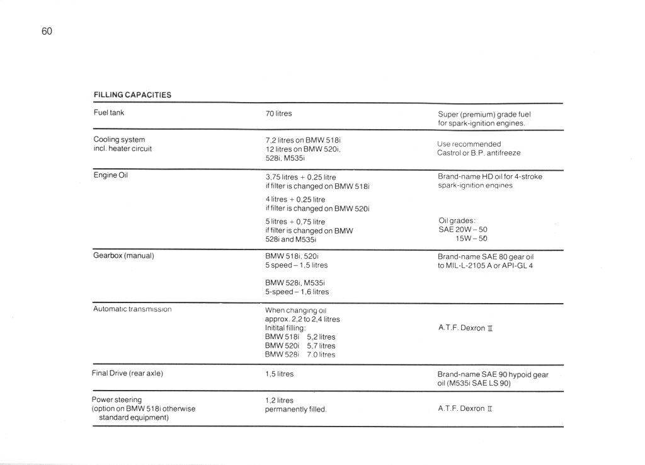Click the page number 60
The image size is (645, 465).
[x=46, y=31]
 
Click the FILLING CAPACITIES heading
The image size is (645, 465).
[x=132, y=95]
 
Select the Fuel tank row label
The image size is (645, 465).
[x=108, y=113]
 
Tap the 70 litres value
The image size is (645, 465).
[x=279, y=114]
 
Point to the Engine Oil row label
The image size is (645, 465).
[x=111, y=175]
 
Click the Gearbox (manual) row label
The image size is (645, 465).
[x=123, y=256]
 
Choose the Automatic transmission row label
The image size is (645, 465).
[x=132, y=309]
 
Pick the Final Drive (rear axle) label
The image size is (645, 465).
[x=127, y=374]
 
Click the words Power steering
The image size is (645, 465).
[x=117, y=399]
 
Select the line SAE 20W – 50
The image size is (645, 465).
[x=462, y=230]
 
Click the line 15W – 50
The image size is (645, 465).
[x=471, y=239]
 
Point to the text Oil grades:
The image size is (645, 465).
[x=457, y=221]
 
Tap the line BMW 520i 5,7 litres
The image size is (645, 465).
[x=300, y=346]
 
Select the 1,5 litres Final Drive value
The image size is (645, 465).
[x=280, y=374]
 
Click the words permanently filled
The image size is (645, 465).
[x=295, y=409]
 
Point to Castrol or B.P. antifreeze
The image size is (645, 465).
[x=479, y=153]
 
